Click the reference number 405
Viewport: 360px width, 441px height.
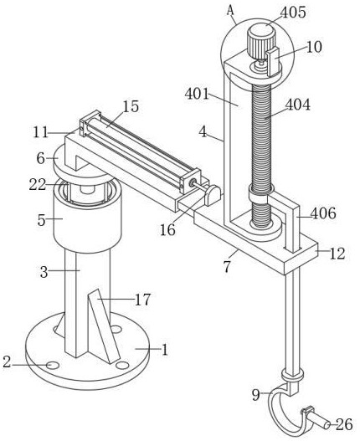(293, 13)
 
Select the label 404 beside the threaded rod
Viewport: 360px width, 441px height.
(298, 105)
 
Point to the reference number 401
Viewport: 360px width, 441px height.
(198, 94)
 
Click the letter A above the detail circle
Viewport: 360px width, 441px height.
(230, 10)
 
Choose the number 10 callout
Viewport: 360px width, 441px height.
(314, 47)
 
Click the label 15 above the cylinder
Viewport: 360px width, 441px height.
(131, 106)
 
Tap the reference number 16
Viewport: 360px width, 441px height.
(167, 230)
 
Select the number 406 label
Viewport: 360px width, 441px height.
(323, 213)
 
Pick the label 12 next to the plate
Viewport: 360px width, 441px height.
(337, 254)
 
